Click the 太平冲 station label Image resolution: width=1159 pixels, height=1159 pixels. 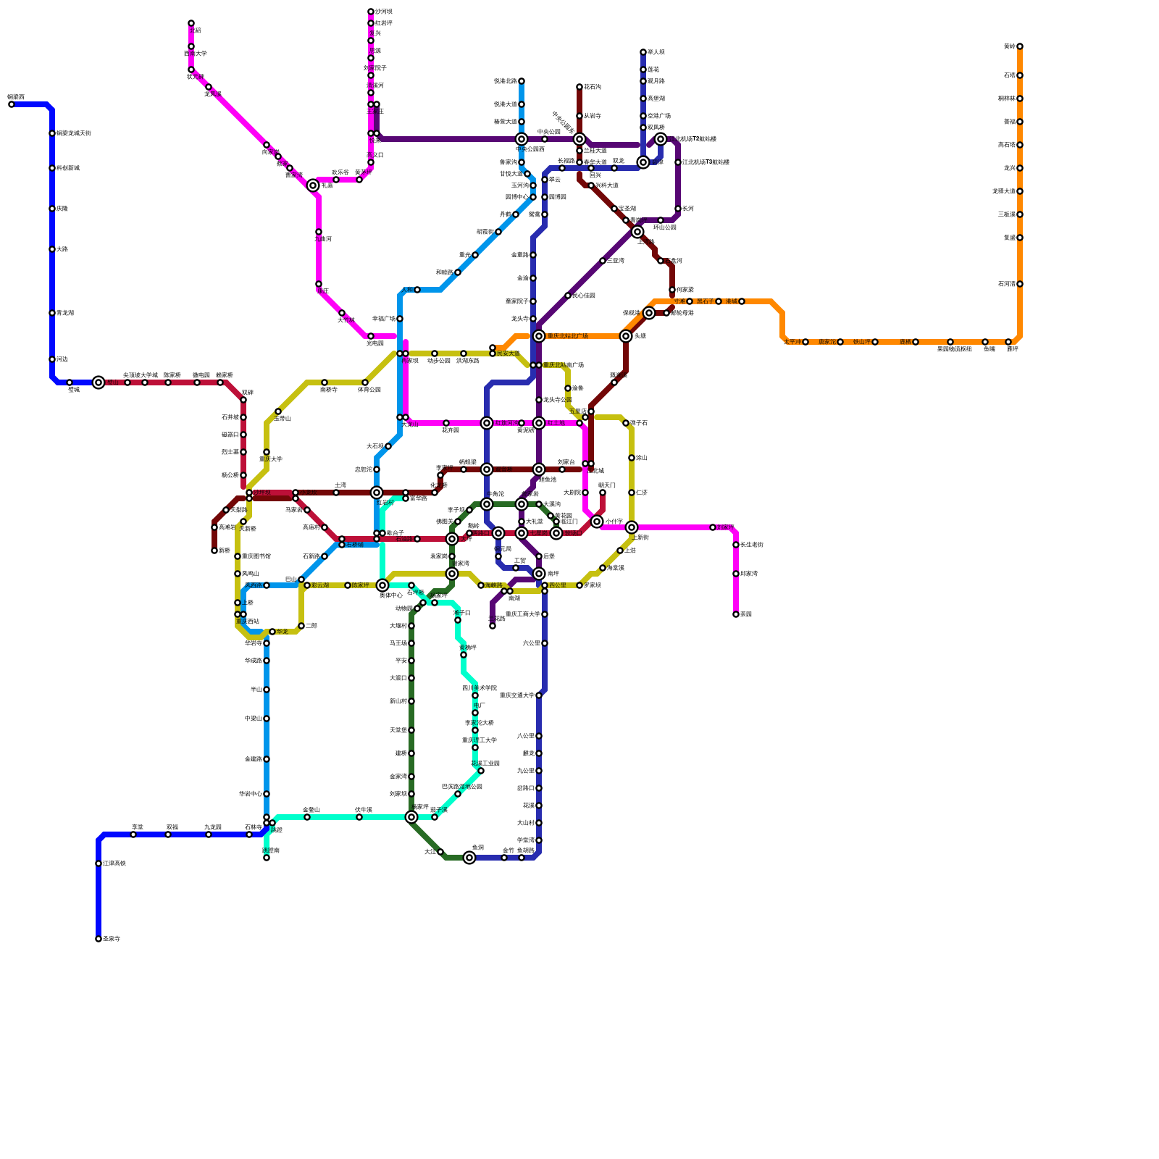click(x=792, y=342)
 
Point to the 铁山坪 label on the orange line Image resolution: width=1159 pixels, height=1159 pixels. click(x=861, y=342)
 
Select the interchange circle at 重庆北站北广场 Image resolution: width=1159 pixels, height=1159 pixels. click(x=539, y=336)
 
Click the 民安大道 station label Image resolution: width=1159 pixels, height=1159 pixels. click(x=509, y=353)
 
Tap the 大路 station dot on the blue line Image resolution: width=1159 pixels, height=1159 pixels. click(x=52, y=249)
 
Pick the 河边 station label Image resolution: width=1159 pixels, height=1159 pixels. click(x=62, y=359)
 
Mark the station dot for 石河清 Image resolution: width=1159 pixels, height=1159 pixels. click(x=1020, y=284)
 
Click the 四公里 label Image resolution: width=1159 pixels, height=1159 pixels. click(x=557, y=585)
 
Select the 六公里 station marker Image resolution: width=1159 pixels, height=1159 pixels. click(x=545, y=643)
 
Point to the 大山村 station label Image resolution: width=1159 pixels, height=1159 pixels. click(x=525, y=823)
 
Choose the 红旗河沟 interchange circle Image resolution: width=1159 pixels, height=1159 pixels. click(x=487, y=423)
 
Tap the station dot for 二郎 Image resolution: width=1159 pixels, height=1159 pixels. click(x=301, y=626)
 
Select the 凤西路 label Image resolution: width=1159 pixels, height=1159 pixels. click(x=254, y=585)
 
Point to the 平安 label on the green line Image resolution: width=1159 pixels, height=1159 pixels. click(x=401, y=661)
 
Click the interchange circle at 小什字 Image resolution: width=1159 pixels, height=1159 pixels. click(x=597, y=522)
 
